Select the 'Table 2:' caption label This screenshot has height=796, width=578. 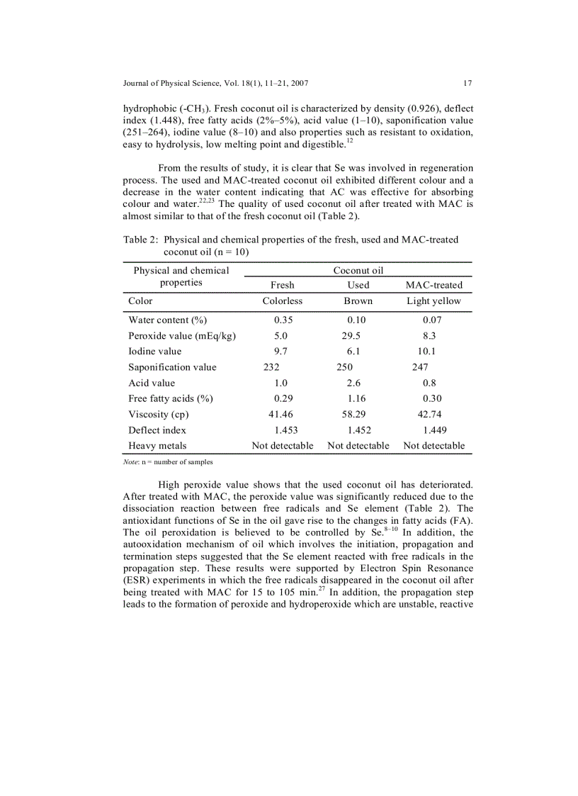coord(140,240)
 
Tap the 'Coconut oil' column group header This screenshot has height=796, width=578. coord(358,270)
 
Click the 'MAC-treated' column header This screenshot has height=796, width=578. coord(433,285)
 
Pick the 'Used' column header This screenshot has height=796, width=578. coord(358,285)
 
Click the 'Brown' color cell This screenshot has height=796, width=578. coord(358,301)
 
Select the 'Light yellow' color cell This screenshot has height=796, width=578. coord(433,301)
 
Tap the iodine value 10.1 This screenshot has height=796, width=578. coord(426,352)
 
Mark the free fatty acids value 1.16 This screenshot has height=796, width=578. coord(357,398)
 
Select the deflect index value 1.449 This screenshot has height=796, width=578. coord(434,430)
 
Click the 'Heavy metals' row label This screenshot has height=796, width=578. coord(157,446)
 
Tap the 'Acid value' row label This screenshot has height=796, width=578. coord(152,383)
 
